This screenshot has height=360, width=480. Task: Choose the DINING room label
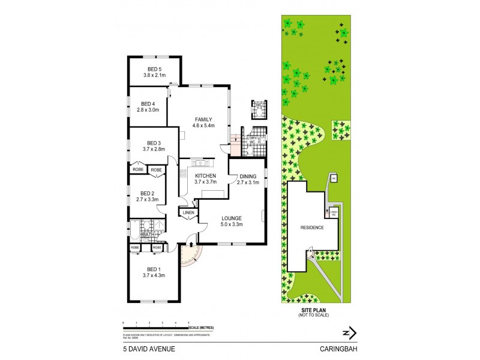click(x=248, y=175)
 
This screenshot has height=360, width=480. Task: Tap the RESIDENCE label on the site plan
click(x=312, y=227)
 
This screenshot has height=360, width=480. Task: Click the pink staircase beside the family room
click(x=234, y=143)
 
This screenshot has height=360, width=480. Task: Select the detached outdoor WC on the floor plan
click(x=259, y=108)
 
